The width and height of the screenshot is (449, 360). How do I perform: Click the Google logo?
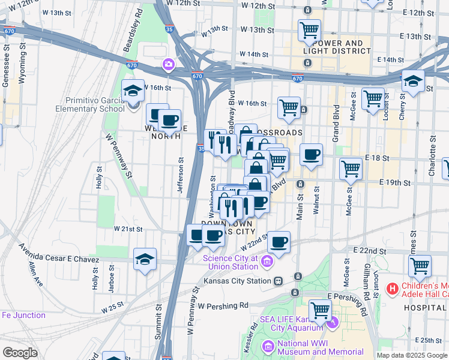[x=20, y=353]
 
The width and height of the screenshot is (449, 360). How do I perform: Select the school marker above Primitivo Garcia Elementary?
[x=133, y=92]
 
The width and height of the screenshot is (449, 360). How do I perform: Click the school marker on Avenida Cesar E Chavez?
[x=145, y=260]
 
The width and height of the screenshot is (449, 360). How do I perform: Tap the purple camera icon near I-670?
[x=169, y=64]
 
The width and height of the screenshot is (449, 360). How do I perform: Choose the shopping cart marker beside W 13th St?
[x=309, y=30]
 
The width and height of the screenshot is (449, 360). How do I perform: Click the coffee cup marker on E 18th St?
[x=311, y=155]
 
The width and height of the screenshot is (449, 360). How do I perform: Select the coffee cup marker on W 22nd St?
[x=279, y=243]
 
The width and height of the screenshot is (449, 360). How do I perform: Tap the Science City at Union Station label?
[x=230, y=262]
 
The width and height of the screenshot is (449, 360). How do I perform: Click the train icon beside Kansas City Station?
[x=278, y=281]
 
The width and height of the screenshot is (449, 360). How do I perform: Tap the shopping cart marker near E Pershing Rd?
[x=321, y=311]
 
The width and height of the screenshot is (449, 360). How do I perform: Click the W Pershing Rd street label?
[x=224, y=305]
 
